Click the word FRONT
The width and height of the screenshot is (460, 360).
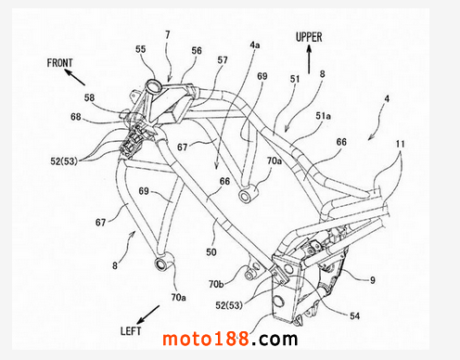[59, 63]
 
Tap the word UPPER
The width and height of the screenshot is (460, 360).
[309, 37]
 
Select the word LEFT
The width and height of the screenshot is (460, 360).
[131, 331]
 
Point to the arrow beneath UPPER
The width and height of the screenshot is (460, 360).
[309, 59]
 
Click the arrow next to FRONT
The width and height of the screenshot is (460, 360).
[74, 77]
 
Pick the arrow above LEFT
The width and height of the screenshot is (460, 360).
[148, 315]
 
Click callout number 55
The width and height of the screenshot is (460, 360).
[141, 49]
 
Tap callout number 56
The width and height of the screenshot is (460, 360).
[197, 51]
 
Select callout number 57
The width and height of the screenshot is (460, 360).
[223, 60]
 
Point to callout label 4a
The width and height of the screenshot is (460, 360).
[255, 45]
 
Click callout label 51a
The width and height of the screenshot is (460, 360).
[323, 116]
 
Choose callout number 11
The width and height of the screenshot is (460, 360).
[400, 144]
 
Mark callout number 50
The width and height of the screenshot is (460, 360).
[211, 252]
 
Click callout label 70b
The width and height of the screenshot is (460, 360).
[216, 284]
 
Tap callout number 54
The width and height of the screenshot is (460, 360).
[355, 315]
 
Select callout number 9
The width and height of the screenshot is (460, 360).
[373, 280]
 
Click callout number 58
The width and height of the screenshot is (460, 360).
[89, 97]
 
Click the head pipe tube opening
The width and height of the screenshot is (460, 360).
[154, 84]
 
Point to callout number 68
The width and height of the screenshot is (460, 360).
[76, 117]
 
